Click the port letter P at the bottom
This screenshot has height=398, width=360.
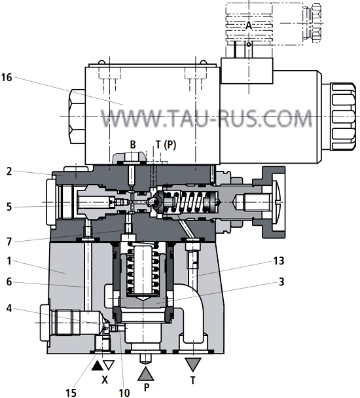click(x=147, y=388)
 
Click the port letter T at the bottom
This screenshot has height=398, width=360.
click(x=193, y=379)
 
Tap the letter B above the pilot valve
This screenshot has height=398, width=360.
click(x=132, y=144)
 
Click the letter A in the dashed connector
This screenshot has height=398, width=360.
click(x=249, y=25)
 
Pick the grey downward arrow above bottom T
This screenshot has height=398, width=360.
click(x=193, y=363)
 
